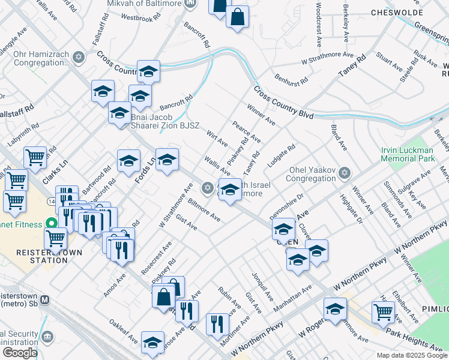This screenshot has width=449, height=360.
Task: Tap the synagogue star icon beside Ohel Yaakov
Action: pos(344,174)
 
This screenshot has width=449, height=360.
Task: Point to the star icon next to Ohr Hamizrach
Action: pos(77,57)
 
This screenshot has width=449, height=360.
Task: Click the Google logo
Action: pos(19,353)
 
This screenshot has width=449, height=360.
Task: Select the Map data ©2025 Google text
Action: pos(412,355)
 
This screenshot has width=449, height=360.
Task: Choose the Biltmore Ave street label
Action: pos(203,210)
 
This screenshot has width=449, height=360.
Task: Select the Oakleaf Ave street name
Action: pos(124,331)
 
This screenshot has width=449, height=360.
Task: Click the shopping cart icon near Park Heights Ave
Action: pos(383,311)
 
